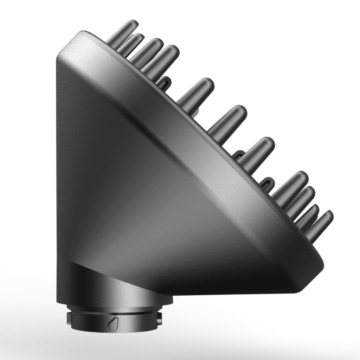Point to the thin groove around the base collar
[114, 312]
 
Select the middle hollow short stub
[239, 155]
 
